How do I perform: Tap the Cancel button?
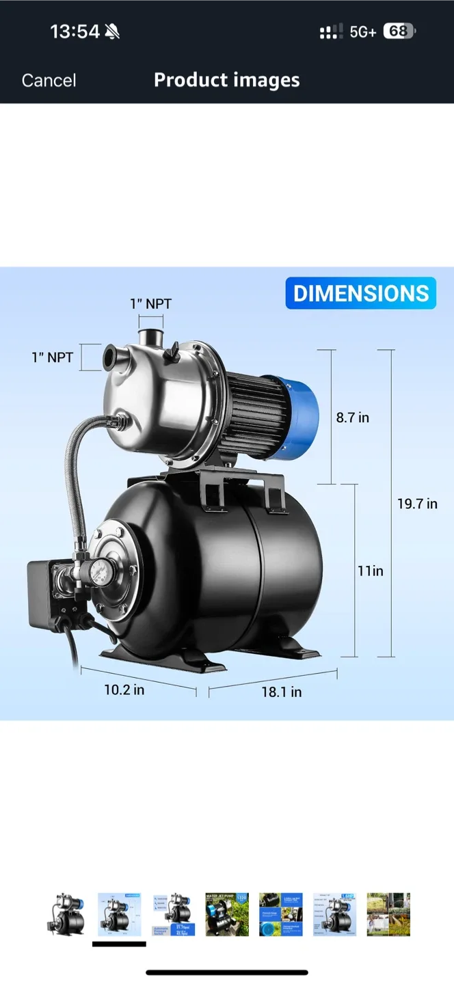(x=49, y=81)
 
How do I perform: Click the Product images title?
(x=226, y=80)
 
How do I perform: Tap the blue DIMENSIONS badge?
(x=360, y=294)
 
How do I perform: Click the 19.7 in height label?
(x=417, y=504)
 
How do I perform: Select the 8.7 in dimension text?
(x=352, y=418)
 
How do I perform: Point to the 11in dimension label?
(x=370, y=571)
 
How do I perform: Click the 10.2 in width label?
(x=124, y=689)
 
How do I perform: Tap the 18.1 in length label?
(x=281, y=692)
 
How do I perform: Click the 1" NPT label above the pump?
(x=150, y=304)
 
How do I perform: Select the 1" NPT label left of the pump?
(x=52, y=357)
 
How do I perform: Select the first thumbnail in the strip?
(x=66, y=914)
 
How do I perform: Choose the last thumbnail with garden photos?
(x=388, y=914)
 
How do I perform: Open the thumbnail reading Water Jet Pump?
(x=227, y=914)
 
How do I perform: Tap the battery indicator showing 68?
(x=399, y=31)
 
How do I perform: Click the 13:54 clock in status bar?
(x=75, y=31)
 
